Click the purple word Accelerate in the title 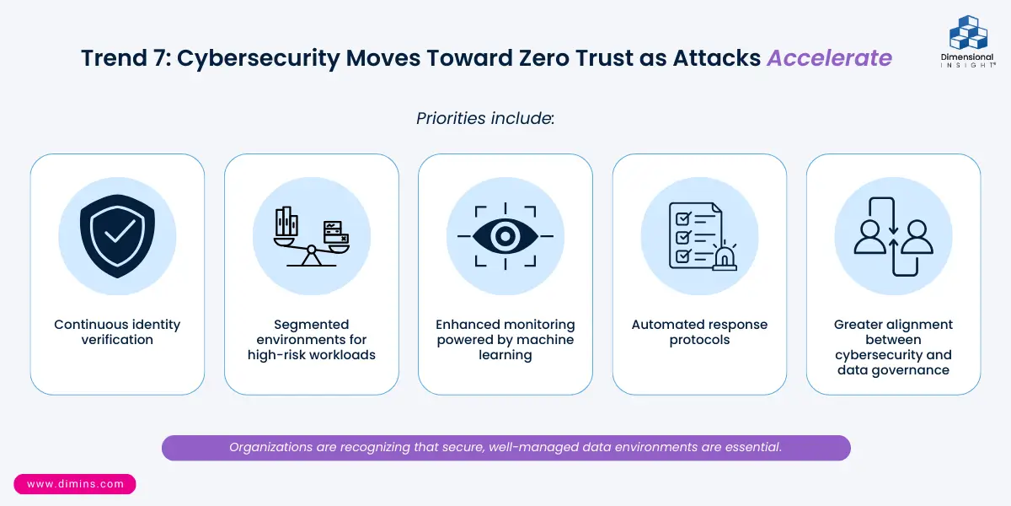(829, 58)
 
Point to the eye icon (505, 236)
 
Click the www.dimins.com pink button (75, 484)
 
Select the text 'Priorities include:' (484, 118)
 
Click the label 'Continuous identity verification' (117, 331)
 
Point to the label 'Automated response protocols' (699, 331)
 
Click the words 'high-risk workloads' (311, 354)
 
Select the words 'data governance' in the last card (893, 369)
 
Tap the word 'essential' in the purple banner (752, 447)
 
